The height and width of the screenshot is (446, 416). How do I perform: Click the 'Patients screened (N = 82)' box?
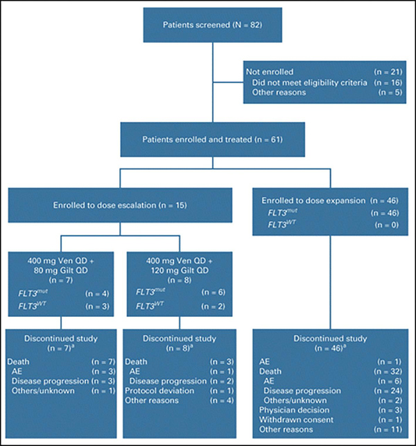pos(212,25)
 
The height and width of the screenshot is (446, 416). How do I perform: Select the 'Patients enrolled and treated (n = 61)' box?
pos(212,139)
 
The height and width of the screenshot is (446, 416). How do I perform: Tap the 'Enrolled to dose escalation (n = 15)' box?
pos(120,205)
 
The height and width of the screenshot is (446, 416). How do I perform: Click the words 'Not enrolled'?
pos(270,72)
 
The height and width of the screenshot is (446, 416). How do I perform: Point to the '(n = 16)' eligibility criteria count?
pos(388,83)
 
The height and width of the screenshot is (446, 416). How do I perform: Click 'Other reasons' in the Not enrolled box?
pos(279,92)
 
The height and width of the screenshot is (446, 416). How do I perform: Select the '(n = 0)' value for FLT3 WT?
pos(387,225)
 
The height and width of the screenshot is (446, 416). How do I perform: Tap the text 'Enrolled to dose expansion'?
pos(313,200)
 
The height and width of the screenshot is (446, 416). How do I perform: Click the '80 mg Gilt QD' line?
pos(61,271)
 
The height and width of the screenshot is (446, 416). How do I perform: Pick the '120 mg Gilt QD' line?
pos(180,271)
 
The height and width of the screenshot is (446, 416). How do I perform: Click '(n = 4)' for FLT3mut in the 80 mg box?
pos(97,293)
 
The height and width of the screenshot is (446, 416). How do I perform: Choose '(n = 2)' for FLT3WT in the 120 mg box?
pos(214,307)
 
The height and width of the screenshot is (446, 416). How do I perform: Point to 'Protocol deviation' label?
pos(159,391)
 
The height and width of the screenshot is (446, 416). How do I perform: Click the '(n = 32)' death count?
pos(388,372)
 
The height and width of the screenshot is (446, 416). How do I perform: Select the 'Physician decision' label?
pos(294,410)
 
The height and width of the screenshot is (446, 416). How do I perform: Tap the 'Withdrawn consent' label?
pos(296,420)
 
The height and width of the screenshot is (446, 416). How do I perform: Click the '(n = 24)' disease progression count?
pos(388,391)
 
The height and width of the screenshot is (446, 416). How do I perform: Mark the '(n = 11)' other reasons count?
pos(388,429)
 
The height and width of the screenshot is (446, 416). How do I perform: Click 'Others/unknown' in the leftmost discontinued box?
pos(43,391)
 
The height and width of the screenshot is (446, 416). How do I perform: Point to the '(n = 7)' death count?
pos(103,362)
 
